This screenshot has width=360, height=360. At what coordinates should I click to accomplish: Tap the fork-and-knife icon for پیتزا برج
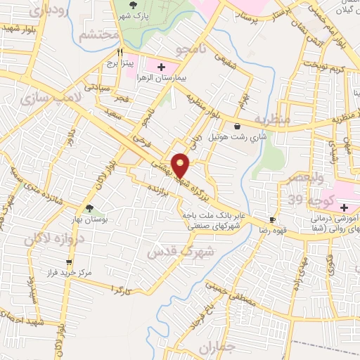(120, 52)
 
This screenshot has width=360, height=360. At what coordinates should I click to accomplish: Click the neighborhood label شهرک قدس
(172, 250)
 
